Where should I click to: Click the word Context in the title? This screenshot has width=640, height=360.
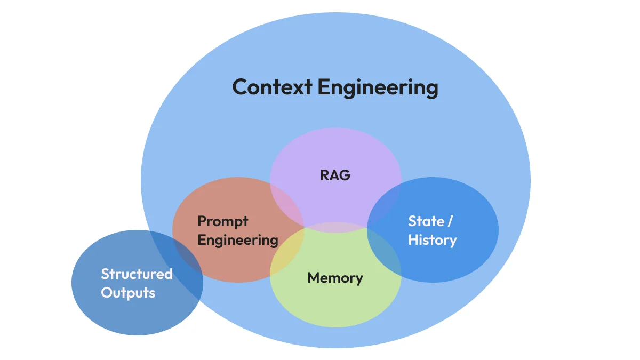click(x=272, y=87)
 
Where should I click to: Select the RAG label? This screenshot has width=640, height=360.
click(x=335, y=175)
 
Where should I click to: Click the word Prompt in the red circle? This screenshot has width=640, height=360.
click(x=223, y=221)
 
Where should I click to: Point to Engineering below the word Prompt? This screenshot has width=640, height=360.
click(x=238, y=241)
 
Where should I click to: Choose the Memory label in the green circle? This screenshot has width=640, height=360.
click(x=335, y=278)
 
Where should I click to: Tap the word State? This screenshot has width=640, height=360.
click(x=426, y=221)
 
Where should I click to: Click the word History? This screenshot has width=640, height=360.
click(x=433, y=240)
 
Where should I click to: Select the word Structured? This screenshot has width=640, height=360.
click(x=137, y=274)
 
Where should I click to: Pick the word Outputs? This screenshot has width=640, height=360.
click(x=128, y=293)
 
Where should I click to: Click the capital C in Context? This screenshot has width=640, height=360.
click(x=242, y=87)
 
